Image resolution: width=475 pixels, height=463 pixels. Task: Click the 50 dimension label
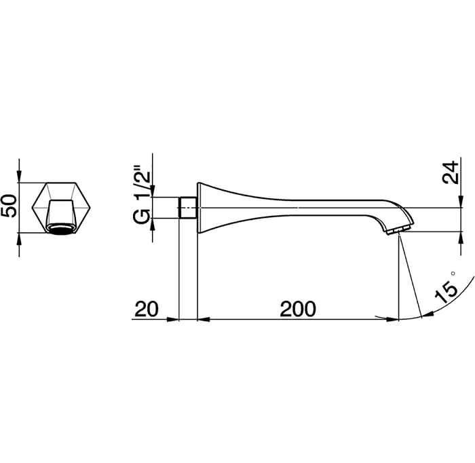tap(9, 206)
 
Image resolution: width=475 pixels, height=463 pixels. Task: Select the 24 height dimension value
tap(451, 172)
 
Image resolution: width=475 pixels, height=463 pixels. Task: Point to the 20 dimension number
tap(147, 309)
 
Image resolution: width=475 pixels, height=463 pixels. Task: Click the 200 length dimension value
tap(298, 309)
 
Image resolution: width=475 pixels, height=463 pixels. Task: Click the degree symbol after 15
tap(453, 273)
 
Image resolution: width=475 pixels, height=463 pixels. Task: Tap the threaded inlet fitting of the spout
tap(188, 208)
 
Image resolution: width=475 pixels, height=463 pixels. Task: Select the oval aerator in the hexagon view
tap(60, 229)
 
